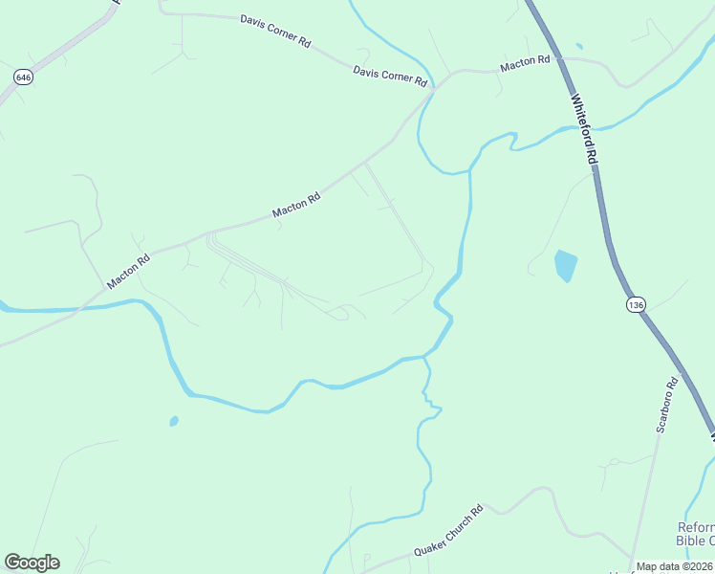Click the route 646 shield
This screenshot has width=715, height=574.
(23, 77)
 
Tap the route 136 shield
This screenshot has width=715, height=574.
(636, 304)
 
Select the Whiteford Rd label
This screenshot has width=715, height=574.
(584, 129)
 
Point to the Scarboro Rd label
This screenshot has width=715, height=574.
(666, 405)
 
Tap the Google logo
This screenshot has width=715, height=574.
(32, 563)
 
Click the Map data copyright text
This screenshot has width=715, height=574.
(675, 566)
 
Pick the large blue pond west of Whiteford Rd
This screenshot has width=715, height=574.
(566, 265)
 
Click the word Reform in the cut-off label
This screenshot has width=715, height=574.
(695, 527)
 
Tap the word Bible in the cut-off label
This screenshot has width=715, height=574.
(694, 541)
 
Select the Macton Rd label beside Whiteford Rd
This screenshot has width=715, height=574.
(525, 63)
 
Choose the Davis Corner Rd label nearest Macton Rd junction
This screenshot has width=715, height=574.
(389, 77)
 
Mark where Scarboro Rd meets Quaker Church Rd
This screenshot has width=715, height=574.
(632, 557)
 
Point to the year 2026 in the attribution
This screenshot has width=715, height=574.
(702, 566)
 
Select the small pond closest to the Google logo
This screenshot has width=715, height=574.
(173, 420)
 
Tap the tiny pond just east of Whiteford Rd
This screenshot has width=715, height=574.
(579, 46)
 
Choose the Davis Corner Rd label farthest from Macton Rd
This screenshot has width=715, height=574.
(276, 31)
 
